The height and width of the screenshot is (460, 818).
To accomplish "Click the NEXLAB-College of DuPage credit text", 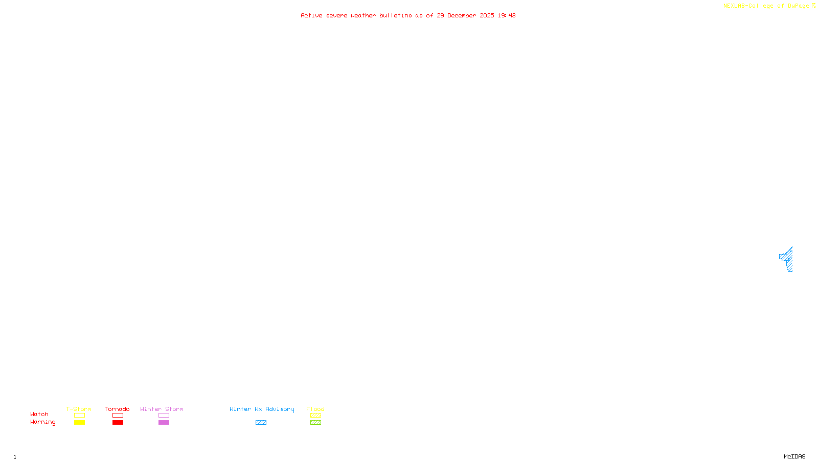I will click(766, 6).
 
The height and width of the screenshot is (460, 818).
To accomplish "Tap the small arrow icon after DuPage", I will click(813, 6).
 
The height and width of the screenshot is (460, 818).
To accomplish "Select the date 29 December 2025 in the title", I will click(465, 15).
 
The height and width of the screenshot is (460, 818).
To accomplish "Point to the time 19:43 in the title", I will click(507, 15).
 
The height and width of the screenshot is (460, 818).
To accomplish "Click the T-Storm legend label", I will click(79, 409).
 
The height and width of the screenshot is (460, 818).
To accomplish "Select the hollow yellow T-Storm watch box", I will click(79, 416).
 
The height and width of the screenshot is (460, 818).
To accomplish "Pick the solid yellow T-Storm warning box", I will click(79, 423).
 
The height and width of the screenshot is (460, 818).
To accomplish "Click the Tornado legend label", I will click(117, 409).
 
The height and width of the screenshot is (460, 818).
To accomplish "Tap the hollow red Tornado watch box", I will click(118, 416).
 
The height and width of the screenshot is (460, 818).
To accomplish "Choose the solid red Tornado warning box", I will click(118, 423).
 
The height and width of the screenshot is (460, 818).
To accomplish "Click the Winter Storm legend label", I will click(162, 409).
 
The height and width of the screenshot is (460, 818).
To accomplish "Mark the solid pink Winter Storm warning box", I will click(164, 423).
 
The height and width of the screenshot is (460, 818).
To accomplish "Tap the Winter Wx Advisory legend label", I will click(262, 409).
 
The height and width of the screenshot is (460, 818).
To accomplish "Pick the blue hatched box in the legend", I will click(261, 423).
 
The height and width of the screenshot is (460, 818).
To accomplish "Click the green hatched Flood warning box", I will click(315, 423).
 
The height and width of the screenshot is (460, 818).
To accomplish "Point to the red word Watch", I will click(39, 414).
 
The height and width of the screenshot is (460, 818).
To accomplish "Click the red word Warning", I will click(42, 422).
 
